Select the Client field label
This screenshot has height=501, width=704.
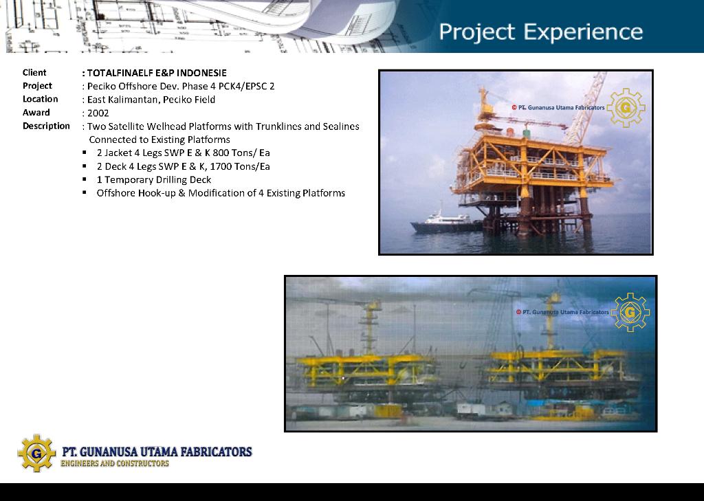point(34,73)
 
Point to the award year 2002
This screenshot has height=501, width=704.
point(98,113)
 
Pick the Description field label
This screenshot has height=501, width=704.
point(46,126)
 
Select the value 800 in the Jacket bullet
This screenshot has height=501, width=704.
point(220,153)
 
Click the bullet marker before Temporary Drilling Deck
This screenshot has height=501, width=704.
point(85,179)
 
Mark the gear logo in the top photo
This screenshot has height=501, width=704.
point(626,108)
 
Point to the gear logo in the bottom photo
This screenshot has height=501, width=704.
point(630,313)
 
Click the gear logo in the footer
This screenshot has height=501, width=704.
point(36,453)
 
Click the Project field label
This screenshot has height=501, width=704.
point(37,86)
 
